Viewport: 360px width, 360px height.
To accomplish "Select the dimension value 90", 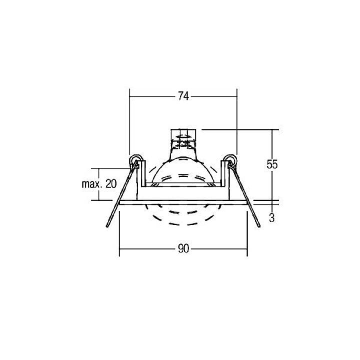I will click(183, 249).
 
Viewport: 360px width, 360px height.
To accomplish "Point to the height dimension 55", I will click(272, 164).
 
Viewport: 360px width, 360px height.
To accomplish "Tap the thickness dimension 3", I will click(271, 217).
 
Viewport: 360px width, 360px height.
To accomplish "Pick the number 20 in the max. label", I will click(111, 183).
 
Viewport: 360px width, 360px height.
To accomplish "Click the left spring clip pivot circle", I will click(134, 159).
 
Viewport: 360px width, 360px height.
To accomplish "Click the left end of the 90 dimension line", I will click(119, 249).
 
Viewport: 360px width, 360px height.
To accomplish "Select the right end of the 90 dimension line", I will click(247, 249).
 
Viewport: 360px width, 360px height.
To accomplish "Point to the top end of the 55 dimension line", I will click(272, 129).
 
